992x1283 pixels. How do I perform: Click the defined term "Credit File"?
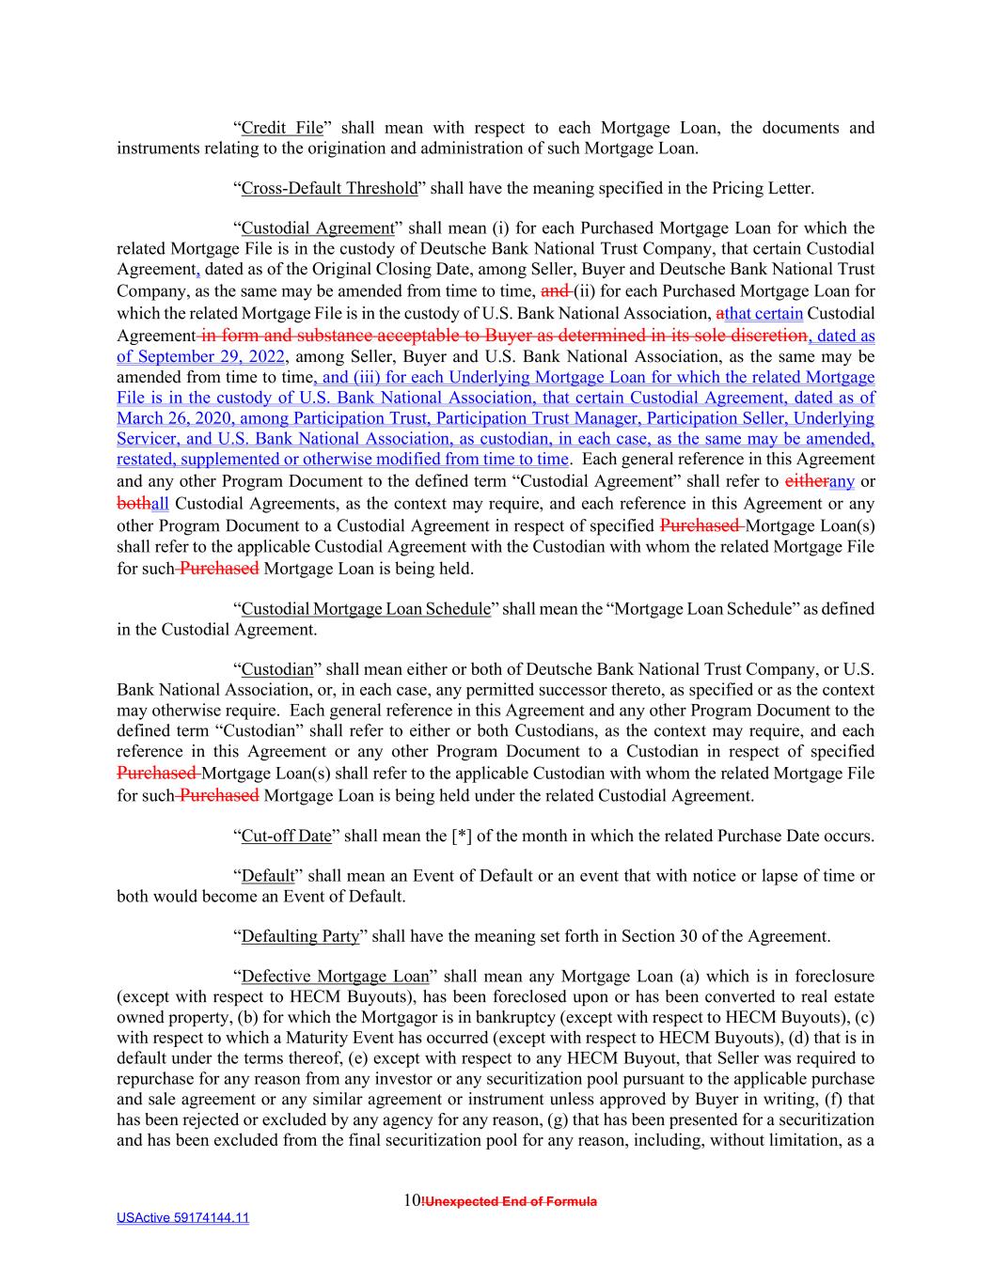(282, 128)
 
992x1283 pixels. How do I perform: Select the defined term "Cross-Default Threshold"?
(329, 188)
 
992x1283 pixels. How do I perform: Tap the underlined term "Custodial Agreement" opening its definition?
(318, 228)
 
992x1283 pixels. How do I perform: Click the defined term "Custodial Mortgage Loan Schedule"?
(366, 609)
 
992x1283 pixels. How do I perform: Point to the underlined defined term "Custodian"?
(277, 669)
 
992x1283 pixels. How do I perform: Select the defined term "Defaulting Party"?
(301, 936)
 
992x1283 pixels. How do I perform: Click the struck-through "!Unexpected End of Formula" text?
(510, 1201)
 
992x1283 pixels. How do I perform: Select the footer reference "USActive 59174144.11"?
(182, 1218)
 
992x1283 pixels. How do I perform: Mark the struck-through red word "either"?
(806, 481)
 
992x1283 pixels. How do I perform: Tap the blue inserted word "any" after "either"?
(841, 481)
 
